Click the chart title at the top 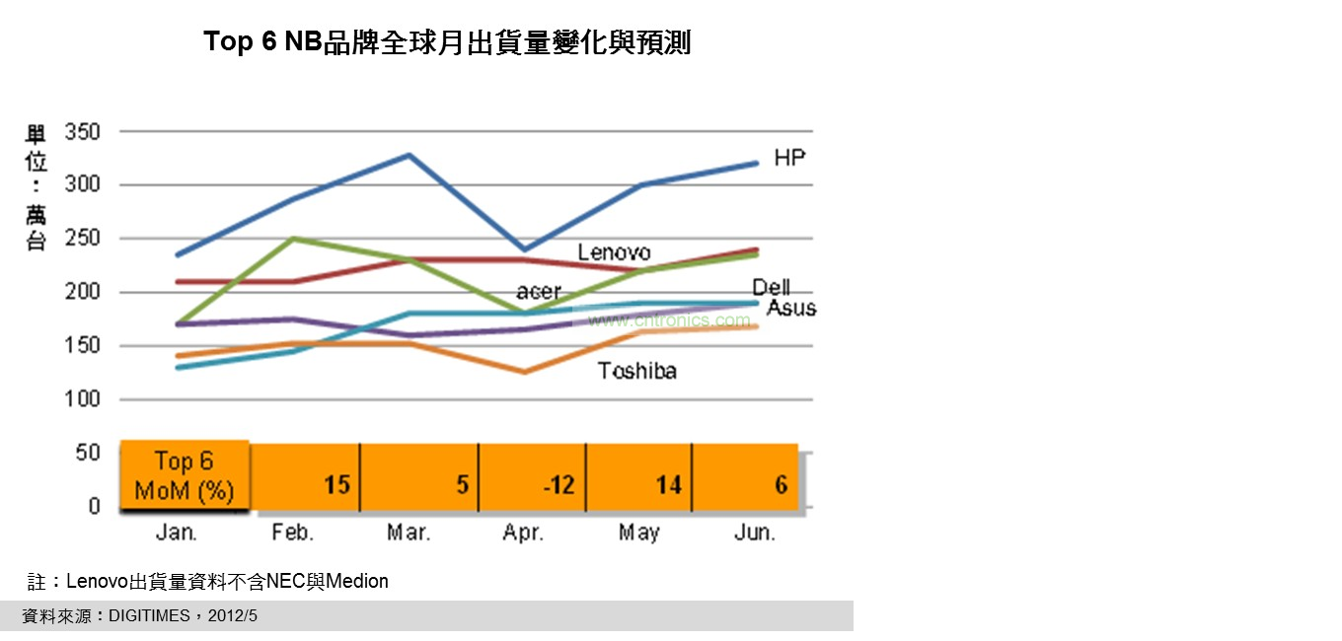tap(447, 42)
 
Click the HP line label tap(789, 158)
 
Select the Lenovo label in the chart tap(614, 252)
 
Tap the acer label tap(538, 292)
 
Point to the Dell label tap(771, 287)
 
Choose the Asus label tap(791, 308)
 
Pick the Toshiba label tap(637, 371)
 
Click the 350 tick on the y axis tap(82, 131)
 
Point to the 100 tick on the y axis tap(82, 399)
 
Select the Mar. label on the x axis tap(409, 533)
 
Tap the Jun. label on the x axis tap(755, 533)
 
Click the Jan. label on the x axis tap(177, 533)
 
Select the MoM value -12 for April tap(559, 485)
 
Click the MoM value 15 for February tap(337, 485)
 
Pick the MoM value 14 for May tap(669, 485)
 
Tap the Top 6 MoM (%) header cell tap(185, 475)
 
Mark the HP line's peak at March tap(408, 155)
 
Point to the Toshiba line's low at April tap(524, 372)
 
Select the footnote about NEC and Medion tap(207, 581)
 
